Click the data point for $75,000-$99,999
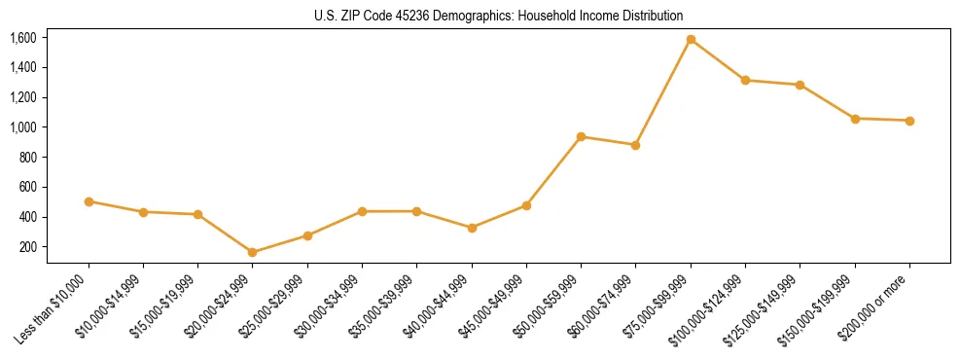(691, 40)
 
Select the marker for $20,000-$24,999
(253, 252)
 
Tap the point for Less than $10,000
(89, 201)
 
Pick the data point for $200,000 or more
(909, 121)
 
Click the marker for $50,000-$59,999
(581, 137)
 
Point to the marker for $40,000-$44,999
(472, 228)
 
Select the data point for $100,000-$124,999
(745, 81)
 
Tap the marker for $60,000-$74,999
(635, 145)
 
